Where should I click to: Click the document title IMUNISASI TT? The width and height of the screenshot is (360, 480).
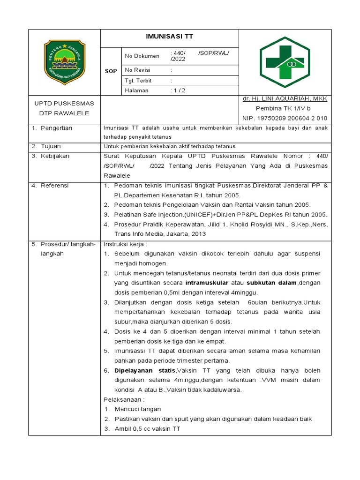coord(170,37)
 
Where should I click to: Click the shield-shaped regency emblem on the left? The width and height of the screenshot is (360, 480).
coord(65,62)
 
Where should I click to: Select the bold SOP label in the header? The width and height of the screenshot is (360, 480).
coord(111,71)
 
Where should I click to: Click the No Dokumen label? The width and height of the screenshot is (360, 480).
coord(142,56)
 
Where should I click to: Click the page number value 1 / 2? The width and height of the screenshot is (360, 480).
coord(179,91)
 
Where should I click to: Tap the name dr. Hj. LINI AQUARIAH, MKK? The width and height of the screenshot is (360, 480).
coord(285,99)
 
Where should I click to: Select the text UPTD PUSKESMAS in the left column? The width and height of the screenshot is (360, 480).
coord(64,104)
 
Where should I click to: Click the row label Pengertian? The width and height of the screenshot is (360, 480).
coord(56,128)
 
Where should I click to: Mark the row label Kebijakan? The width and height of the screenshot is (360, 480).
coord(54,156)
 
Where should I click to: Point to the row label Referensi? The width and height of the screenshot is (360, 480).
coord(54,186)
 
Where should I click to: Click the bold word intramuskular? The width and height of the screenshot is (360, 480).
coord(207,283)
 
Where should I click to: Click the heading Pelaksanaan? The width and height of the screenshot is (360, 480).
coord(124,399)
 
